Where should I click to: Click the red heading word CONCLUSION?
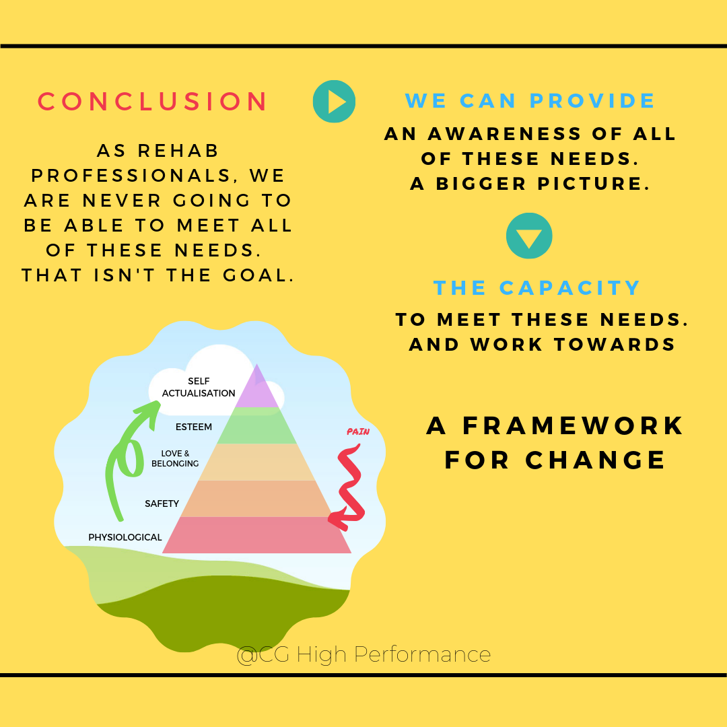153,102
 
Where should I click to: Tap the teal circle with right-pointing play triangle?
334,102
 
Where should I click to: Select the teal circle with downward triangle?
529,236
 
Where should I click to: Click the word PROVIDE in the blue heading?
592,101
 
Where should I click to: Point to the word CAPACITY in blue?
570,288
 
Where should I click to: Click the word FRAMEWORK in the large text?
573,426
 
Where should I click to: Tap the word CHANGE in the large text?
596,460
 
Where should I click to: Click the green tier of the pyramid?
256,425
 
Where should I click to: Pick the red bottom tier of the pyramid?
256,535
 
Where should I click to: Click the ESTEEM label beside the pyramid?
193,427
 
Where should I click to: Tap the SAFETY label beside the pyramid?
162,504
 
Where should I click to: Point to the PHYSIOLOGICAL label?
125,537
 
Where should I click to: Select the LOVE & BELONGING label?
180,458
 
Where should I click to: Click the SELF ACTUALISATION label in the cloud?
199,388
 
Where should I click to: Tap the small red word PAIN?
358,431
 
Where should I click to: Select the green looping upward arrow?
128,458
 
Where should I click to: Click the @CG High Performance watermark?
363,654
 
